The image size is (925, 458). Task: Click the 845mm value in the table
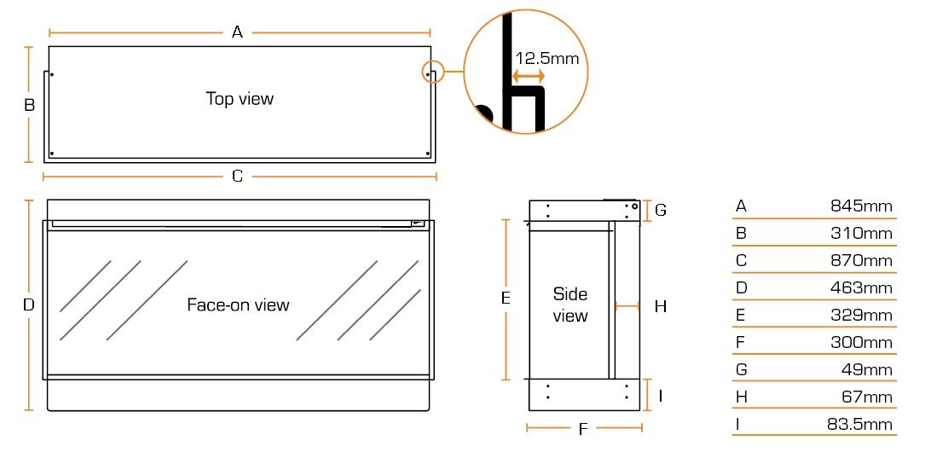coord(861,206)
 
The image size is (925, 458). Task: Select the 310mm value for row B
coord(861,233)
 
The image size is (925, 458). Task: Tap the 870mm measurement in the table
coord(861,260)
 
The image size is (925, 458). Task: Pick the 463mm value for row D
coord(861,287)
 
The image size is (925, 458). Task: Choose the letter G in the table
coord(741,369)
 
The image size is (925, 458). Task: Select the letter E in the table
coord(740,315)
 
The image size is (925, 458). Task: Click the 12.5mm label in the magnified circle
coord(546,58)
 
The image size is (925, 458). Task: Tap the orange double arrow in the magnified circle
coord(528,77)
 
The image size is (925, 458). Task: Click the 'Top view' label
coord(240,99)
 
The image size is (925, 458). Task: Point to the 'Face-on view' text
coord(238,304)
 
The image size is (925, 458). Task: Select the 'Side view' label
coord(570,304)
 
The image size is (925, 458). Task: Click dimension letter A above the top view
coord(238,32)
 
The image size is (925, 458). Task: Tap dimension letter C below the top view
coord(238,177)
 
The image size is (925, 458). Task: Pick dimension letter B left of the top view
coord(29,106)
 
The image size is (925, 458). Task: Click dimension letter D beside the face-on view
coord(29,304)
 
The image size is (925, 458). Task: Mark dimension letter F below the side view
coord(583,429)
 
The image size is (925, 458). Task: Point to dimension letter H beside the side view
coord(660,306)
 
